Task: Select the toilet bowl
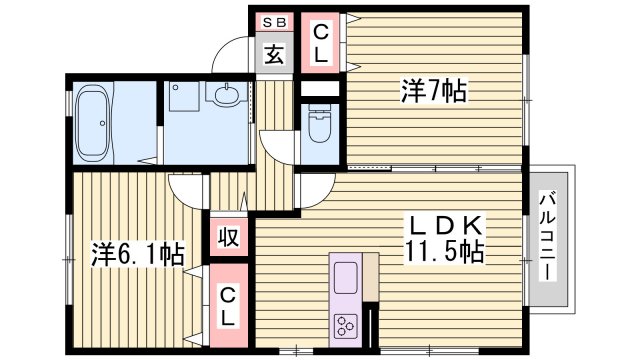318,129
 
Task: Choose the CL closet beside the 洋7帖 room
319,43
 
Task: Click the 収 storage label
227,239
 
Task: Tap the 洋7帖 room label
431,91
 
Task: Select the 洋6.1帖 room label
126,254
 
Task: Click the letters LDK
443,226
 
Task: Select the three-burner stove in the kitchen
347,323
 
